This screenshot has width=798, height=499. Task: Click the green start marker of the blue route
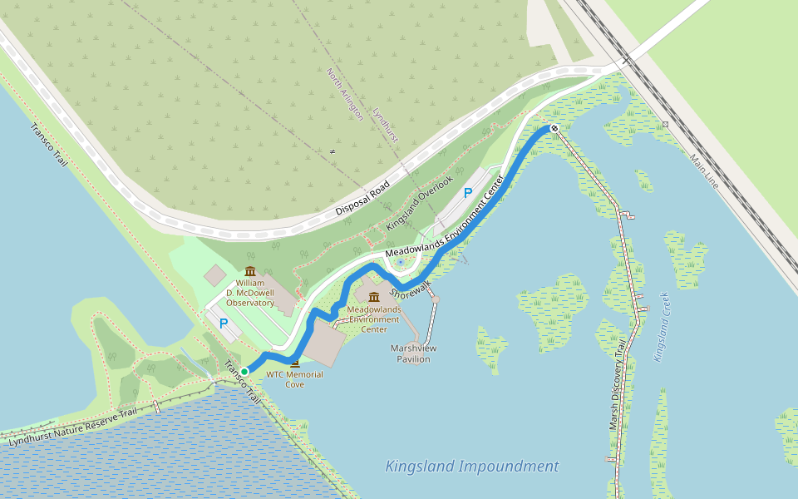click(244, 372)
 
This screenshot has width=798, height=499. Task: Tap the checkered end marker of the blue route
click(554, 128)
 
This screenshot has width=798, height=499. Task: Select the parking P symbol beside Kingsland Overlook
click(468, 193)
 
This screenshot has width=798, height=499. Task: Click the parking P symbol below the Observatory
click(223, 323)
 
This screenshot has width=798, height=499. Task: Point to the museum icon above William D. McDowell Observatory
click(250, 271)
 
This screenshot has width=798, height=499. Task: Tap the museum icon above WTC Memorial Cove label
click(294, 363)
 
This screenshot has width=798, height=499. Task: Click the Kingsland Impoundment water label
click(471, 467)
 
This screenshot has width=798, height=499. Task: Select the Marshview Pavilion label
click(414, 353)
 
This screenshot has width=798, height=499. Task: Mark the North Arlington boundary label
click(345, 94)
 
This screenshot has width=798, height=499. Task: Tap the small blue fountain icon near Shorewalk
click(401, 263)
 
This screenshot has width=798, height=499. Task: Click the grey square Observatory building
click(214, 274)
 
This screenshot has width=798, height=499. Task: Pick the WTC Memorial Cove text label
click(294, 379)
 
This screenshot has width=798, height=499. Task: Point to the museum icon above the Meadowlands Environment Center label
click(374, 297)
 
